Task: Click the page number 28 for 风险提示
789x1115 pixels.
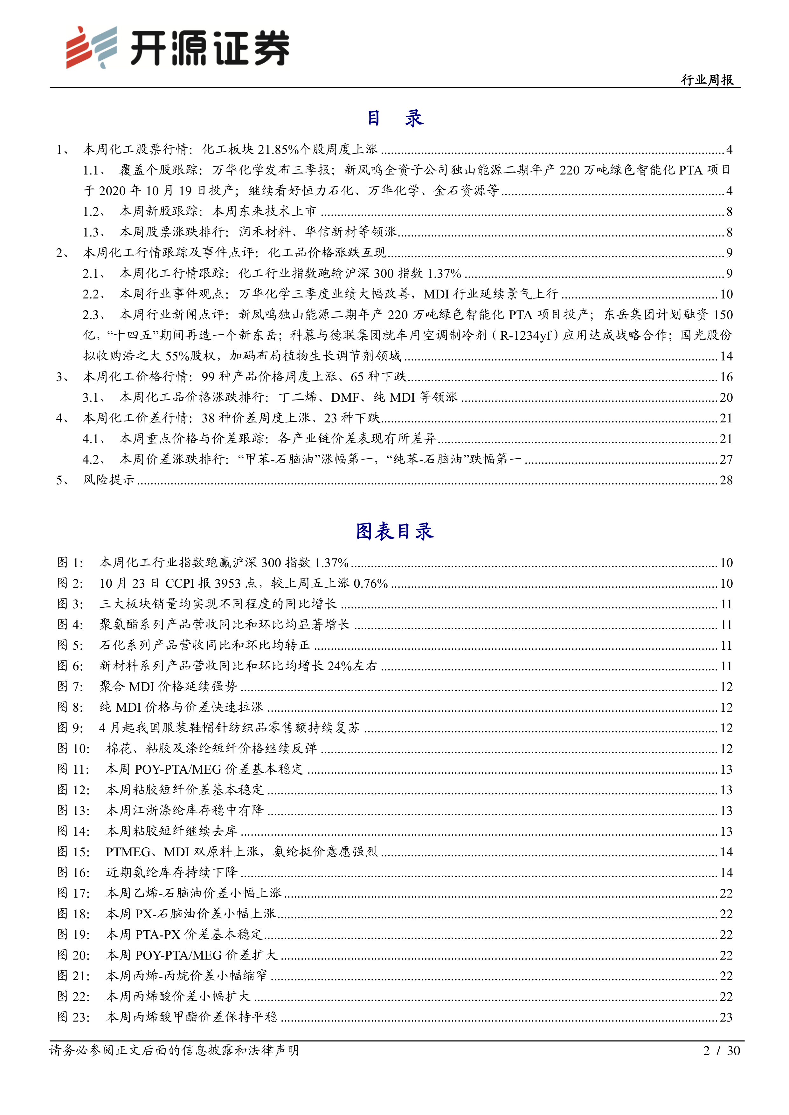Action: [726, 480]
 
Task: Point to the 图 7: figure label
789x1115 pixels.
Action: [71, 687]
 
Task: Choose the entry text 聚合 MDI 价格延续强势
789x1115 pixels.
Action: [169, 687]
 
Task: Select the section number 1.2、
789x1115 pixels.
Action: [94, 212]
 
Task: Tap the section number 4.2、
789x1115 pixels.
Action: [94, 459]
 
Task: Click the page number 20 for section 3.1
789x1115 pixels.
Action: [726, 398]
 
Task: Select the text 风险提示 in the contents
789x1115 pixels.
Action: [109, 480]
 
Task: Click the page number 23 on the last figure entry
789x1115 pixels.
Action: [726, 1017]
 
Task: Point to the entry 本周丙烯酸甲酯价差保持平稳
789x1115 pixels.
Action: [192, 1017]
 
